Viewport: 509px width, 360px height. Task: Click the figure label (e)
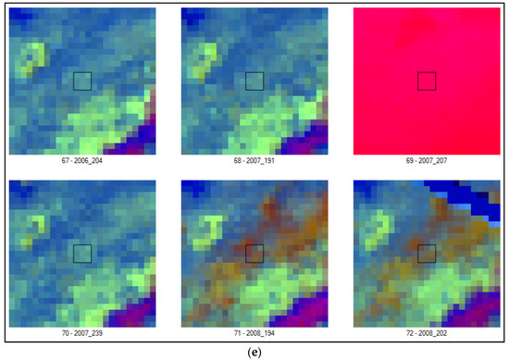pos(254,351)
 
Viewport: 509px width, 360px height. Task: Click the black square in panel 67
pos(81,81)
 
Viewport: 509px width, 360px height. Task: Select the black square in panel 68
pos(254,81)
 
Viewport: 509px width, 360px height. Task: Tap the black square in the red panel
pos(426,81)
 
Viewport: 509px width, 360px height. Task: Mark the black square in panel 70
pos(81,253)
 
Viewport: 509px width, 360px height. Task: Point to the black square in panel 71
pos(254,253)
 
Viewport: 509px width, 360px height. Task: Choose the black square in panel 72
pos(426,253)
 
